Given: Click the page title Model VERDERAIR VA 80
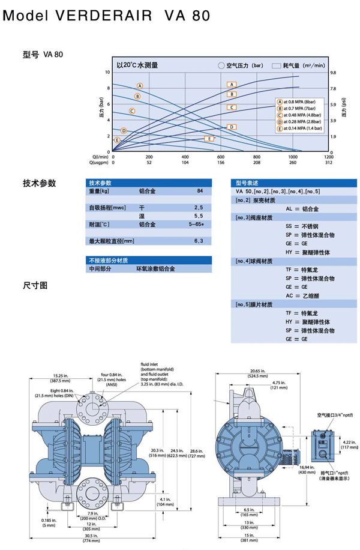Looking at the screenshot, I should [107, 16].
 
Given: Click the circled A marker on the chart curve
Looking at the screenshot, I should [140, 86].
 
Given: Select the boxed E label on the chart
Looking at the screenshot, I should [209, 139].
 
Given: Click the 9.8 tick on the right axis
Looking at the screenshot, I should [334, 73].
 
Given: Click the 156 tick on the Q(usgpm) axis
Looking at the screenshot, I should [221, 162].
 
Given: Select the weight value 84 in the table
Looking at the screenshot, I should [199, 191].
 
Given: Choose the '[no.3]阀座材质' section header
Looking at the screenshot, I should [255, 217].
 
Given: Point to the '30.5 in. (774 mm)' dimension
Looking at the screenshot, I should [92, 539].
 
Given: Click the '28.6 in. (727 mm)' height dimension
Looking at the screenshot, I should [197, 453].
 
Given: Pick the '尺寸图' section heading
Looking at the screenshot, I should [34, 285].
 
